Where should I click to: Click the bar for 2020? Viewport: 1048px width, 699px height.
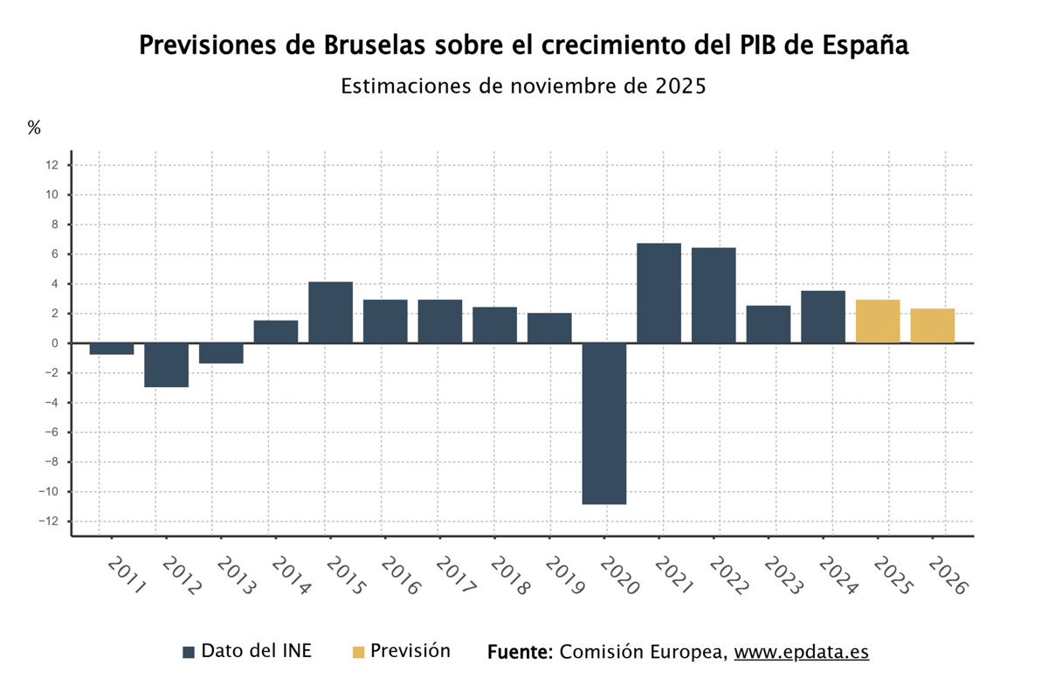pos(604,424)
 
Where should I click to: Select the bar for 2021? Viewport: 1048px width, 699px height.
pos(658,293)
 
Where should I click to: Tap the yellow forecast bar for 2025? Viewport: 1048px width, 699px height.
pos(878,321)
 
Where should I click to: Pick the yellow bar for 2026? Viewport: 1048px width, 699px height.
pos(932,325)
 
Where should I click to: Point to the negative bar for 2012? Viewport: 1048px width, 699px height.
pos(166,365)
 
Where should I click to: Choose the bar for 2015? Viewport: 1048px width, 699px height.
pos(330,312)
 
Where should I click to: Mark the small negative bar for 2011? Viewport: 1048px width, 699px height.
pos(112,349)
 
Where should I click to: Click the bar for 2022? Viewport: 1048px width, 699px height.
pos(714,295)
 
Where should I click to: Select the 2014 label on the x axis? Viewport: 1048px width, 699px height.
pos(290,576)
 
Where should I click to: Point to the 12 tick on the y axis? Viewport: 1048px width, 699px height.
pos(52,165)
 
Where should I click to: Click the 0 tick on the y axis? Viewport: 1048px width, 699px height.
pos(55,343)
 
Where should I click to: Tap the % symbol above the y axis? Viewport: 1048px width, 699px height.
pos(34,128)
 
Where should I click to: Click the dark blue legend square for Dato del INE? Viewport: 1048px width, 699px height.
pos(189,652)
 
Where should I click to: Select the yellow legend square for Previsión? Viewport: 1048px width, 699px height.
pos(358,652)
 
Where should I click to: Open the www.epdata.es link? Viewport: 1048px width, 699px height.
pos(801,652)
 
